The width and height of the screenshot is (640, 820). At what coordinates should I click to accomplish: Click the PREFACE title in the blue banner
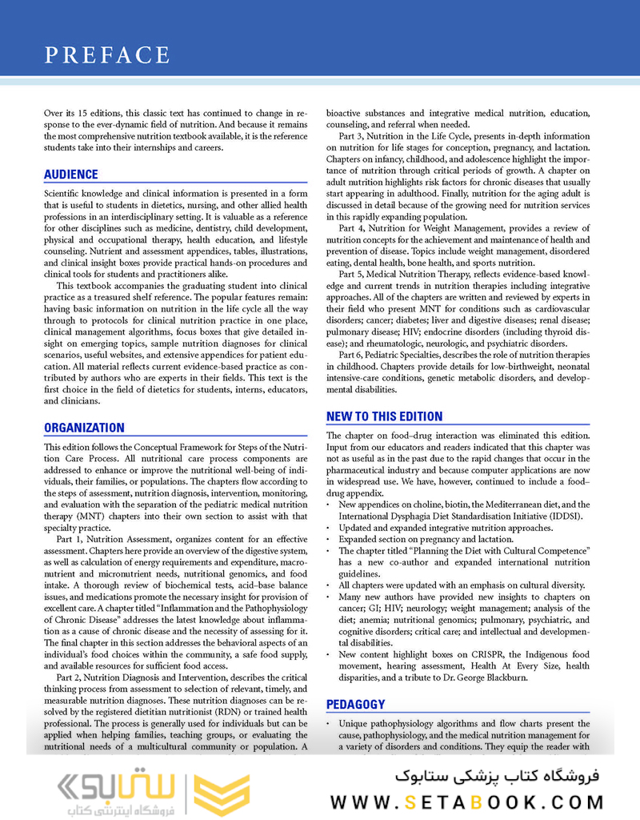coord(107,55)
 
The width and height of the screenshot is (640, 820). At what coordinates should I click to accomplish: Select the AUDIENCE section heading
coord(71,175)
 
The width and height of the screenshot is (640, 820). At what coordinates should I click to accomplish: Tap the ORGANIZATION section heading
coord(84,428)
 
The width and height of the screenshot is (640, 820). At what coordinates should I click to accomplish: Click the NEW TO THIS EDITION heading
coord(384,416)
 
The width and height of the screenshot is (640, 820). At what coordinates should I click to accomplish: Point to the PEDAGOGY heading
coord(356,705)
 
